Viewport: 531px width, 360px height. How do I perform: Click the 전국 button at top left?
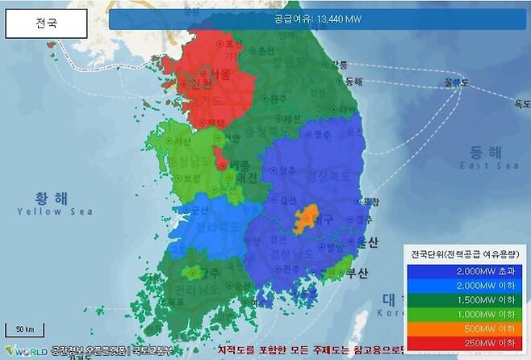tap(46, 23)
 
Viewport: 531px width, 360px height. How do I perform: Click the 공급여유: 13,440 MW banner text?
tap(317, 19)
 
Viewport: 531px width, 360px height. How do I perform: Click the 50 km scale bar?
tap(23, 329)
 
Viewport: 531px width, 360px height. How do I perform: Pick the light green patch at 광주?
tap(194, 274)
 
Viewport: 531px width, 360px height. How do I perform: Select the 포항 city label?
tap(369, 201)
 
